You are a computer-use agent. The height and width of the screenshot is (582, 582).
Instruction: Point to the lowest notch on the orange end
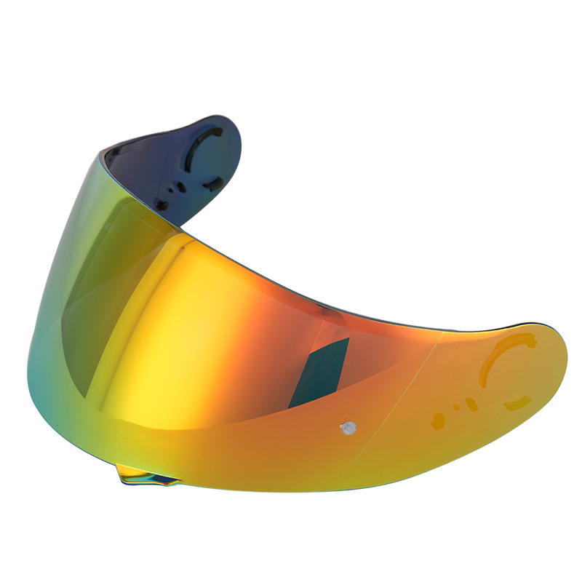pos(438,420)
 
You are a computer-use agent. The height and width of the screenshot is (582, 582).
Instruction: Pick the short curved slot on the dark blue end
pos(212,183)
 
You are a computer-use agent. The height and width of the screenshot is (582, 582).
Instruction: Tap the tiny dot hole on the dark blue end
pos(172,191)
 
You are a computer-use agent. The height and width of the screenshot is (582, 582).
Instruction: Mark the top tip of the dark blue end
pos(211,116)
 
